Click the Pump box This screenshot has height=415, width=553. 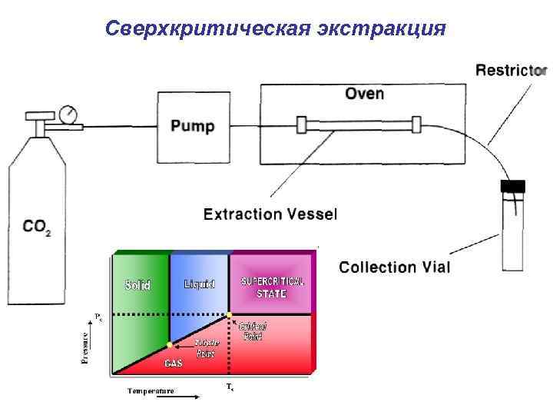click(193, 126)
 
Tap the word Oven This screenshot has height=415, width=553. click(364, 94)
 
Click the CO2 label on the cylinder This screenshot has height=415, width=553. click(36, 227)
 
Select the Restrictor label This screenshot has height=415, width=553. click(511, 70)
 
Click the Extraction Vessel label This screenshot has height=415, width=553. click(270, 214)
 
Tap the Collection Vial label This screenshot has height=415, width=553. click(395, 267)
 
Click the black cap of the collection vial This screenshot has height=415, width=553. click(512, 185)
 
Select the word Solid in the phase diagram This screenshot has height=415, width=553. click(138, 284)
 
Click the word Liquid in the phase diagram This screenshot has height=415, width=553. click(200, 284)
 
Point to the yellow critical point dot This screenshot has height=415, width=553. click(229, 314)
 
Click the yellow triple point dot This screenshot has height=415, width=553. click(169, 345)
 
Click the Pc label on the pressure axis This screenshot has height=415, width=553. click(98, 315)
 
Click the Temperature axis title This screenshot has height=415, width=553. click(151, 390)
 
